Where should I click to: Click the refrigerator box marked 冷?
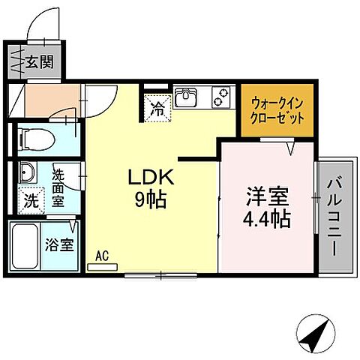158,107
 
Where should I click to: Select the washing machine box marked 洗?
29,201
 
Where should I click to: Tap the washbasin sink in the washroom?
27,172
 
